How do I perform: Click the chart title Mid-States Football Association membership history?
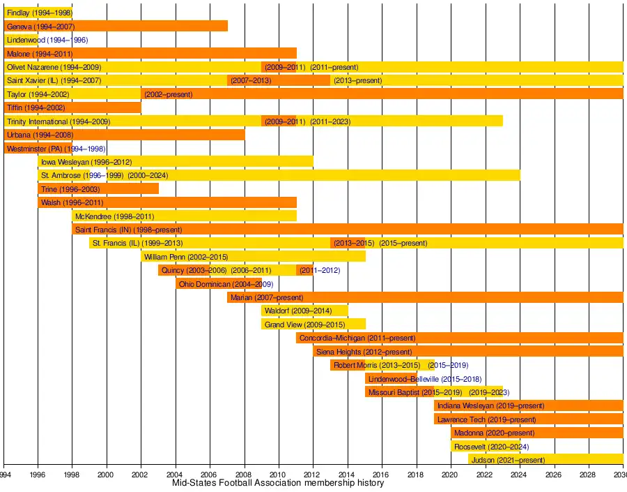[x=278, y=483]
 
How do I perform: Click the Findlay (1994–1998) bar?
[x=38, y=13]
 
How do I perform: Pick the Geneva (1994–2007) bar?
[x=116, y=27]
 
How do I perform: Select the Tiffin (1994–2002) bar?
[x=72, y=107]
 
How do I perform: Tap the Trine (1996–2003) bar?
[x=98, y=189]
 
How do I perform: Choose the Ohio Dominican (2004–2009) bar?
[x=219, y=284]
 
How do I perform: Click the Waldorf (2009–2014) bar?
[x=304, y=311]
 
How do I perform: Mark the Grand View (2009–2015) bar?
[x=313, y=325]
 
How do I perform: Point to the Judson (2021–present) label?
[x=508, y=460]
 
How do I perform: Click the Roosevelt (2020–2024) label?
[x=491, y=447]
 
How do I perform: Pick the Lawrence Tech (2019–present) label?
[x=487, y=419]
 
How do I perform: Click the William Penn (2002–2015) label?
[x=186, y=257]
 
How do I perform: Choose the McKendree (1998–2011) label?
[x=115, y=216]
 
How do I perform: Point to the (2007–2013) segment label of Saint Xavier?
[x=251, y=80]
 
